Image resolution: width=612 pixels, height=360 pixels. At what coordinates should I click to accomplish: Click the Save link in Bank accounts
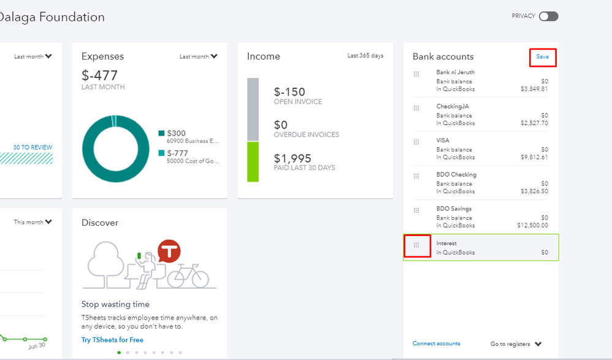tap(542, 57)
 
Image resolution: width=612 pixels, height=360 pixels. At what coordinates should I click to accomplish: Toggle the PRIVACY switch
tap(548, 17)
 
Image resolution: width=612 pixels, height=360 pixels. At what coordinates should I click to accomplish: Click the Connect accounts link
tap(436, 343)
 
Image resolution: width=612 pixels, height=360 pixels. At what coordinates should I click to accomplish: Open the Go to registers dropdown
tap(516, 344)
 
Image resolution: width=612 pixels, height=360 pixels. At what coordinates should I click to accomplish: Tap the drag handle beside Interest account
tap(416, 245)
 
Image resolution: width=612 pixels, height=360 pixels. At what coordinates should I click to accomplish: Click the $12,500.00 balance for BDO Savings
tap(532, 226)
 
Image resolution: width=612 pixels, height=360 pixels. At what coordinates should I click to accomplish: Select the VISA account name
tap(443, 140)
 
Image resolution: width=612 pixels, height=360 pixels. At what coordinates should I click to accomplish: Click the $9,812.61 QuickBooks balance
tap(534, 158)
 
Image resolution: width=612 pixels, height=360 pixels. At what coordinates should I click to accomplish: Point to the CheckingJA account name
tap(453, 107)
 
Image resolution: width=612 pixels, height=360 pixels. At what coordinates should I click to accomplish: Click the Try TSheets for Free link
tap(112, 340)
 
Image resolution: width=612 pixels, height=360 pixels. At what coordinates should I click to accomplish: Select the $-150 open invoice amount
tap(289, 92)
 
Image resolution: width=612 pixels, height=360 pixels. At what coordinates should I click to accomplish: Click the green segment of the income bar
tap(253, 161)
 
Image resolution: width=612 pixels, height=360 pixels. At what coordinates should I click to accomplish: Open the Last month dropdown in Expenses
tap(198, 56)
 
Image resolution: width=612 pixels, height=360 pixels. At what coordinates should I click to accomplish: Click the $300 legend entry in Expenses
tap(176, 133)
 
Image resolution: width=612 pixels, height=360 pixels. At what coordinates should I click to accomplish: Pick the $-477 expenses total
tap(99, 75)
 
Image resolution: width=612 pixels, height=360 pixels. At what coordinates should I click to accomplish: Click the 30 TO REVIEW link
tap(33, 147)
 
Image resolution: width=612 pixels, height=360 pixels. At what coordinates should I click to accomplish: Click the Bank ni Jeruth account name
tap(455, 72)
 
